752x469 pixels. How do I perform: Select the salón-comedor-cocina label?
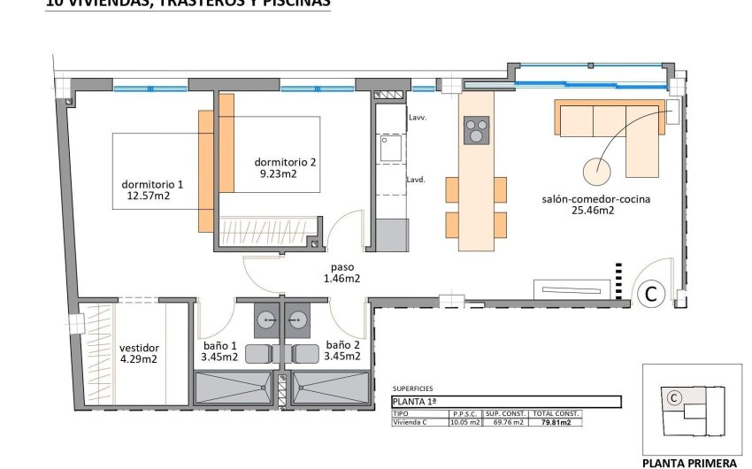[595, 199]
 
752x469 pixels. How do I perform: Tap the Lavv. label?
[418, 118]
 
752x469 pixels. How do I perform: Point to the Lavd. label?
[417, 179]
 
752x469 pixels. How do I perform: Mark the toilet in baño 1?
[259, 353]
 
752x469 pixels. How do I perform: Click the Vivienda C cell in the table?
[414, 423]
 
